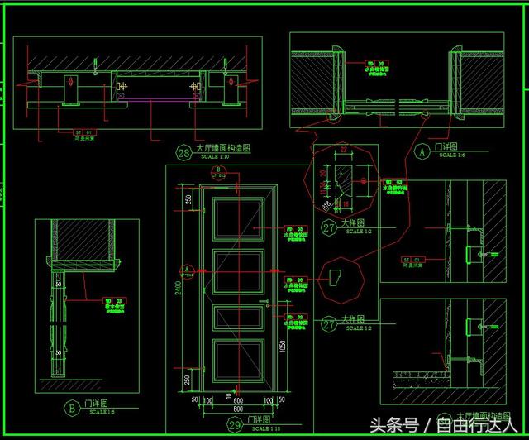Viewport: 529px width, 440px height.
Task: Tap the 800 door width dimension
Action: (237, 408)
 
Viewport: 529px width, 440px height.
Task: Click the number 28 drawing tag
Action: (183, 152)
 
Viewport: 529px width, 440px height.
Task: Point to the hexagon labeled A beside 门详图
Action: (422, 151)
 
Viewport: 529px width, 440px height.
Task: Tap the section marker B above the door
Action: (218, 170)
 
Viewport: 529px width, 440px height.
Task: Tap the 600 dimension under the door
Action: (237, 399)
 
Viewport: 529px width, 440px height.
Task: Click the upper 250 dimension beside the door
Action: (188, 200)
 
